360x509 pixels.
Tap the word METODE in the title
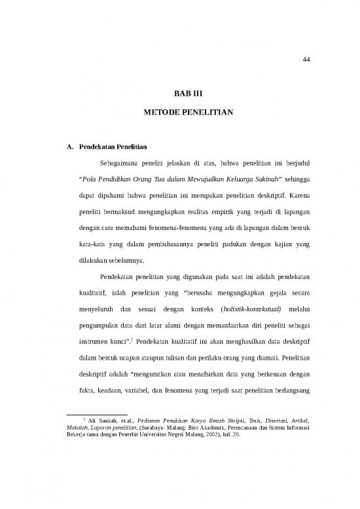pyautogui.click(x=162, y=113)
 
